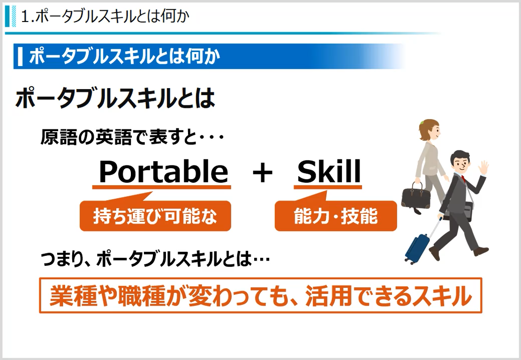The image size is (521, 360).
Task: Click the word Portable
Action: tap(163, 172)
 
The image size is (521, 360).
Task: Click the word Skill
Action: tap(329, 172)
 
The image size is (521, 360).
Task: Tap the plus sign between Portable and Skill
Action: tap(263, 173)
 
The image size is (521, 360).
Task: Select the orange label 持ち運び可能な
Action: tap(155, 216)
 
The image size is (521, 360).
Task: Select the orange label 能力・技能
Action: tap(335, 216)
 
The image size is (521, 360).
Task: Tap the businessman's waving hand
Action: tap(483, 167)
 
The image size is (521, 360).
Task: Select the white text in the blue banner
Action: tap(124, 57)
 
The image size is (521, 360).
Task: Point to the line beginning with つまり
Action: tap(155, 260)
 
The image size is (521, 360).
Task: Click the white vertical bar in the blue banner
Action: tap(20, 57)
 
